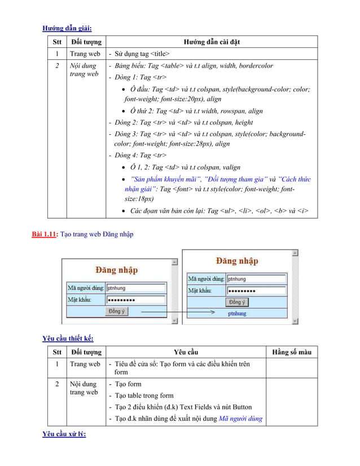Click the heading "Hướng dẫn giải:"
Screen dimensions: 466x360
pyautogui.click(x=67, y=28)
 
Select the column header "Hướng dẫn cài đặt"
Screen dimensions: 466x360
pyautogui.click(x=212, y=42)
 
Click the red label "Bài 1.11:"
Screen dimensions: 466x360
pyautogui.click(x=45, y=234)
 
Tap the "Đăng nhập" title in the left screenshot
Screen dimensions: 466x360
pyautogui.click(x=116, y=270)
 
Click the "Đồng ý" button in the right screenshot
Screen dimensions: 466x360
pyautogui.click(x=236, y=302)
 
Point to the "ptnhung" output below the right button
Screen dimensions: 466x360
pyautogui.click(x=237, y=313)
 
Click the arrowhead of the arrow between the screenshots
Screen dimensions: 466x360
pyautogui.click(x=213, y=311)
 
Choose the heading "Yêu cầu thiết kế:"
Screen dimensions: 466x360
pyautogui.click(x=68, y=338)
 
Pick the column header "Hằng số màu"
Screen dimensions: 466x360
pyautogui.click(x=291, y=352)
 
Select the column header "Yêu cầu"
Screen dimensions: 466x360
pyautogui.click(x=186, y=352)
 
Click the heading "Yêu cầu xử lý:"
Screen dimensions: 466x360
pyautogui.click(x=64, y=434)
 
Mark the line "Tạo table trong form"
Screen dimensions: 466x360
pyautogui.click(x=144, y=395)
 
